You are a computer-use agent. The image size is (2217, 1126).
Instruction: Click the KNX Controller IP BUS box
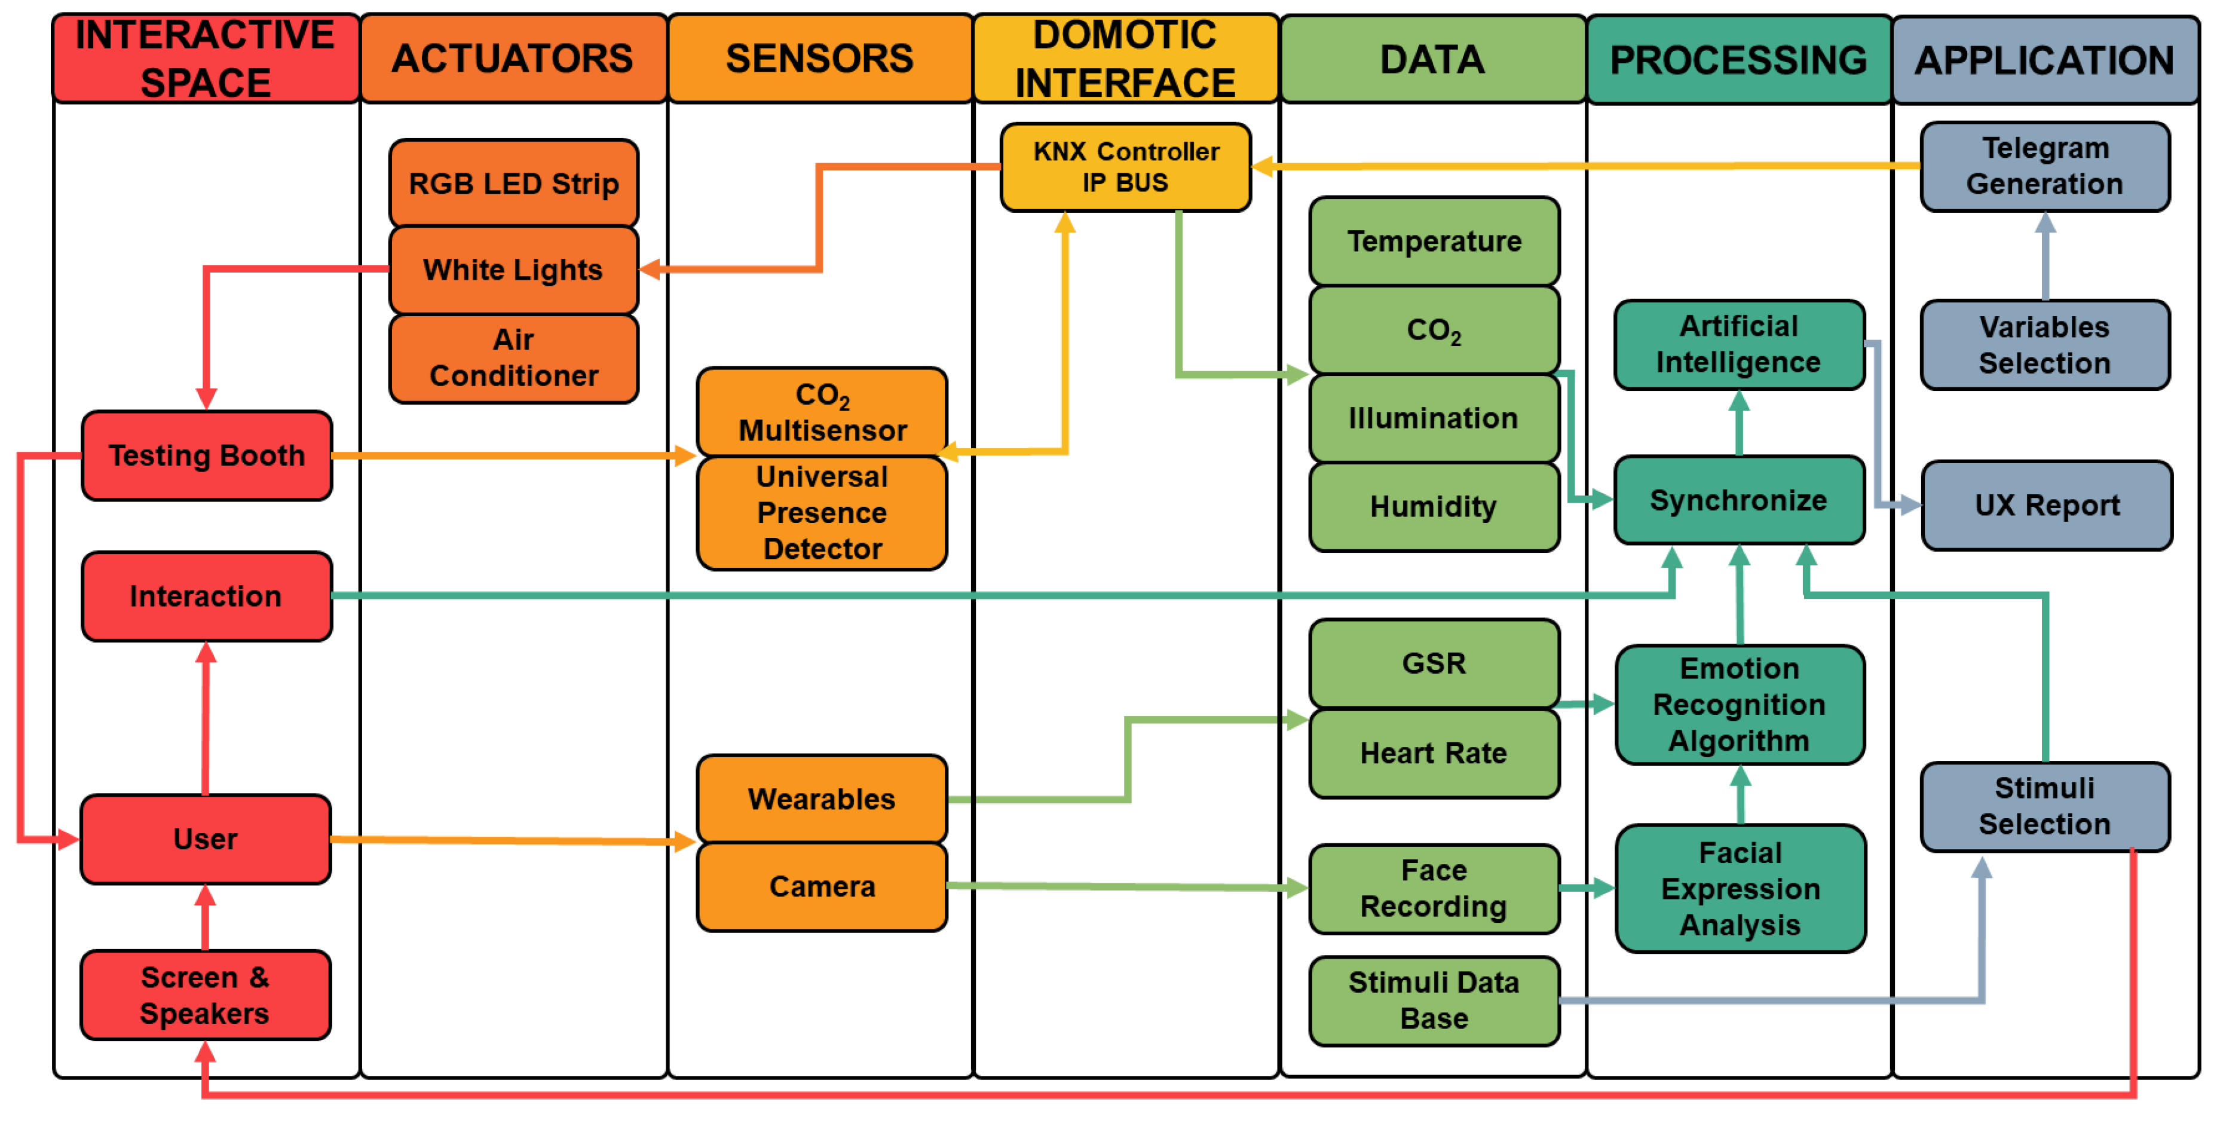pos(1125,167)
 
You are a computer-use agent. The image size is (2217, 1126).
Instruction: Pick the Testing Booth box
pos(207,455)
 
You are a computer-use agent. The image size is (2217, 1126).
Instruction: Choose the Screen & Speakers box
pos(205,995)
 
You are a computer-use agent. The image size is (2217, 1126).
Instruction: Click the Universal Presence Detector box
pos(822,513)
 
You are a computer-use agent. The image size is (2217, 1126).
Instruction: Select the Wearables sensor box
pos(822,799)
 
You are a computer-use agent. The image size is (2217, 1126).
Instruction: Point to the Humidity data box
pos(1433,506)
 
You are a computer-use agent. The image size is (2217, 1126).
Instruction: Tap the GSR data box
pos(1433,663)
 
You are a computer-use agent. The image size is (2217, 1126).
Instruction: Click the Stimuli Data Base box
pos(1433,1000)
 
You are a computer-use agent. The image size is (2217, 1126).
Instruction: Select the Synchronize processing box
pos(1738,500)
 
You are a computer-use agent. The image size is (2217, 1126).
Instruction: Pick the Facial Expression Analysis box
pos(1740,888)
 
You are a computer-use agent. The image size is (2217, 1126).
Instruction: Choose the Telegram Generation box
pos(2045,166)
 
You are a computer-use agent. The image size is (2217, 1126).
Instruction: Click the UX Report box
pos(2047,505)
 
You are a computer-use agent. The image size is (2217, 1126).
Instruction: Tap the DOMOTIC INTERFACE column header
pos(1125,59)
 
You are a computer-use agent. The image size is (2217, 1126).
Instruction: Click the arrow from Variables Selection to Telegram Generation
pos(2045,256)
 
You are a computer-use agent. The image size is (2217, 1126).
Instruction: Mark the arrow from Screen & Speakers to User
pos(205,917)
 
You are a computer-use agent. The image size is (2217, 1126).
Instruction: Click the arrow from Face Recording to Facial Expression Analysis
pos(1586,888)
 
